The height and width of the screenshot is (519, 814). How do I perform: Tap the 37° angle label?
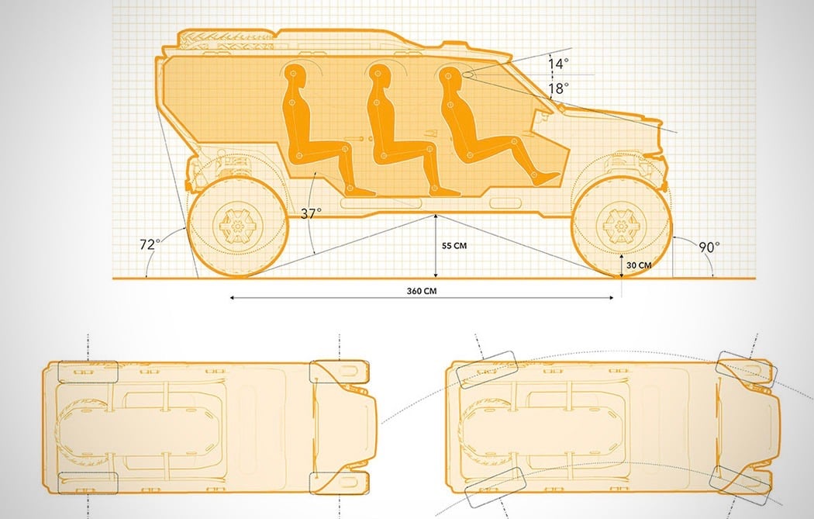point(311,213)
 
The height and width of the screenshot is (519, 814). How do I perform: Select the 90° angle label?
point(709,247)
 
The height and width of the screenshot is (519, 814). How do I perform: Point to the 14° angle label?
point(558,64)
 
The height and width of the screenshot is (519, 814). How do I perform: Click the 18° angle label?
point(558,88)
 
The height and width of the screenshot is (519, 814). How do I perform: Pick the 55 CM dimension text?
point(454,246)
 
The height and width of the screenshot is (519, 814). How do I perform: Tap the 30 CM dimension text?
point(639,265)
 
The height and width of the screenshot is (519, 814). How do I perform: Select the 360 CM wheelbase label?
point(422,291)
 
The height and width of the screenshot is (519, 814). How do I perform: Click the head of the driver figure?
point(450,74)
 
